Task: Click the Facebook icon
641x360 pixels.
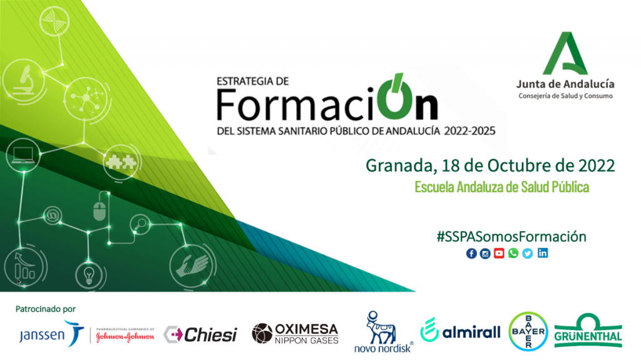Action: click(x=471, y=254)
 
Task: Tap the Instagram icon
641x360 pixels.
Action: click(x=485, y=254)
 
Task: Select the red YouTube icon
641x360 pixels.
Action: click(x=499, y=253)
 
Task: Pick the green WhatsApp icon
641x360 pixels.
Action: click(x=513, y=253)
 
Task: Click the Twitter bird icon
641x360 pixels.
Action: click(x=527, y=254)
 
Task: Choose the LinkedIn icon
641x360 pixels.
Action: click(x=543, y=253)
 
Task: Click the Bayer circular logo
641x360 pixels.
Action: click(x=528, y=332)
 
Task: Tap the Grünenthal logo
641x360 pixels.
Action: click(x=588, y=331)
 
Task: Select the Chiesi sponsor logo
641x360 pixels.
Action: click(x=200, y=334)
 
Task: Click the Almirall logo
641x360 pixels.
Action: click(x=460, y=330)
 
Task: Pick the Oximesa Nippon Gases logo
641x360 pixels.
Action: click(x=295, y=334)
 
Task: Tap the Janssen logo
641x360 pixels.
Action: click(x=51, y=334)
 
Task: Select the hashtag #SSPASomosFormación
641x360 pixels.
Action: click(x=511, y=237)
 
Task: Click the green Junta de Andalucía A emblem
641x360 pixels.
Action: click(x=565, y=53)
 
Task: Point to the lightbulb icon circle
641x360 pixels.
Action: click(x=89, y=275)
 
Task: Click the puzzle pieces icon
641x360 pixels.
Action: click(x=121, y=162)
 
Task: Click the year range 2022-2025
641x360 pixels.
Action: click(x=469, y=131)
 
